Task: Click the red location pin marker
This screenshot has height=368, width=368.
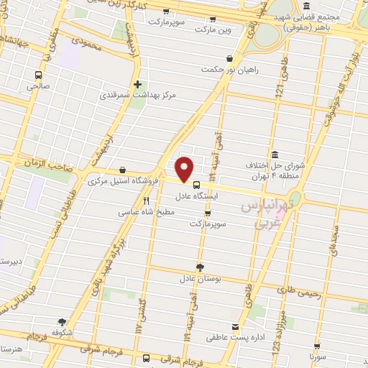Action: click(x=185, y=169)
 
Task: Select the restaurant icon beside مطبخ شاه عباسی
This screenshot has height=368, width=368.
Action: click(x=147, y=201)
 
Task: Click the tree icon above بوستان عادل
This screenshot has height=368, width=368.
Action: click(x=199, y=267)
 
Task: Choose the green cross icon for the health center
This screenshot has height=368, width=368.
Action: click(x=137, y=83)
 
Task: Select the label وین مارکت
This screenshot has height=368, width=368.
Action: click(x=219, y=29)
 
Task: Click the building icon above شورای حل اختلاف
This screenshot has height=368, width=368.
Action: click(x=275, y=154)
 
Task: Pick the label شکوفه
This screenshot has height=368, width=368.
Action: click(x=62, y=333)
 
